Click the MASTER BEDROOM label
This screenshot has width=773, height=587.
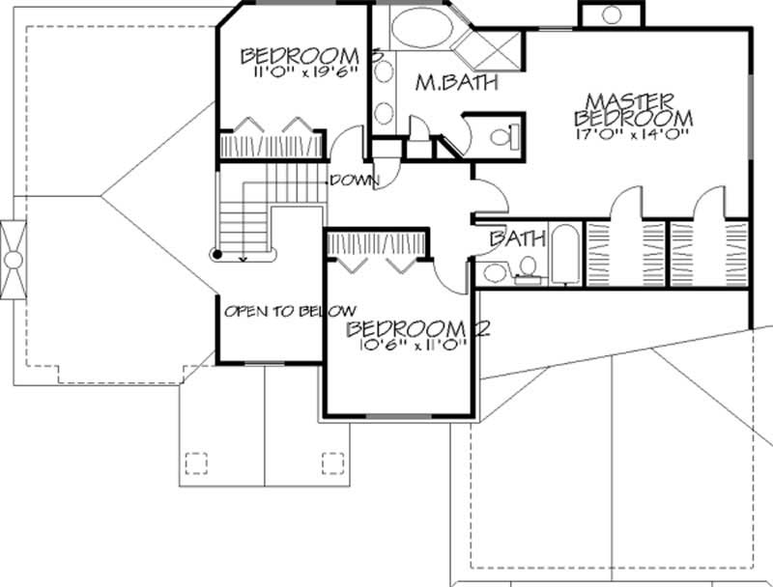[x=633, y=108]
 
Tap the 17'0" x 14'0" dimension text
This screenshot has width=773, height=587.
[x=633, y=133]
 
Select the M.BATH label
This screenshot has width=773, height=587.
[x=456, y=83]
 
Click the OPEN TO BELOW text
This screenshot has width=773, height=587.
[x=270, y=312]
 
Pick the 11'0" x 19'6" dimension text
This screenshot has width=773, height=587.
[x=292, y=70]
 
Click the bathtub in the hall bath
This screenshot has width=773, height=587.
[x=567, y=256]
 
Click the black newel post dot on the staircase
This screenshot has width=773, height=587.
[x=218, y=255]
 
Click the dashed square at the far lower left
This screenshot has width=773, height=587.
[x=194, y=463]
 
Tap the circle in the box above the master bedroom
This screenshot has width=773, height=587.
[x=611, y=14]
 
